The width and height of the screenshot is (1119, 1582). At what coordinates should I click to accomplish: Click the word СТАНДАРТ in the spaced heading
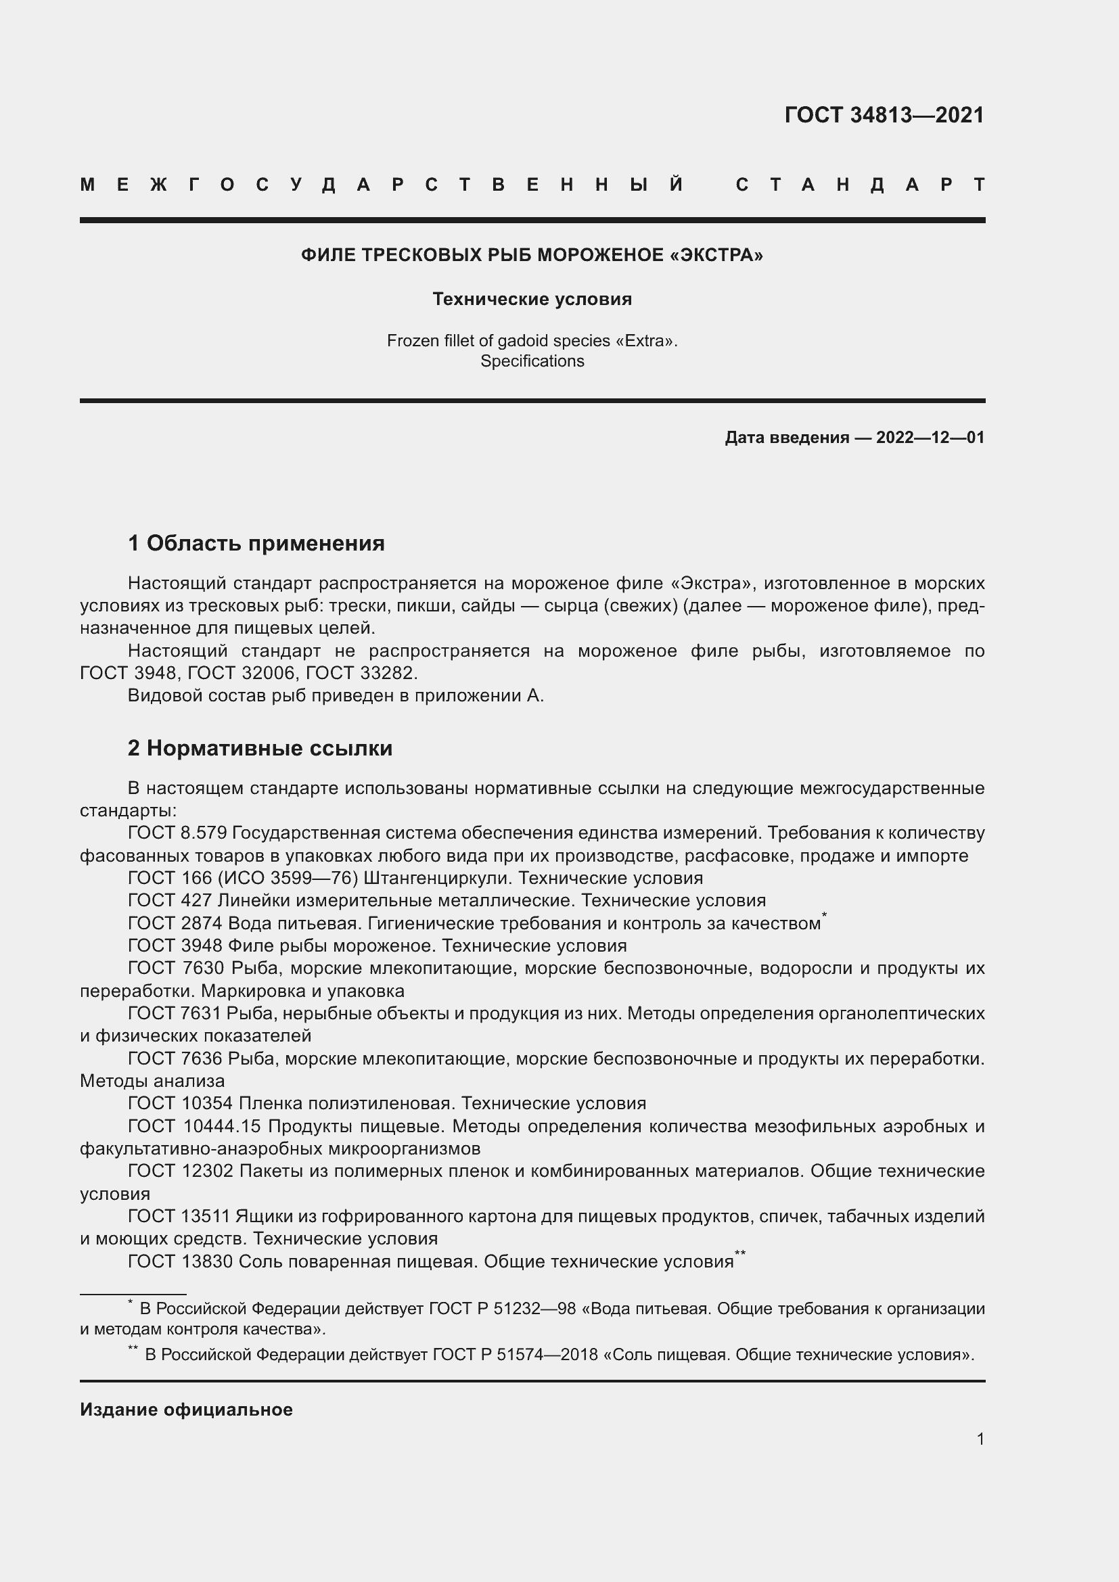(860, 185)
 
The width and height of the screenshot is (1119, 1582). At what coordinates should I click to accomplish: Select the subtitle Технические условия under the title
(532, 298)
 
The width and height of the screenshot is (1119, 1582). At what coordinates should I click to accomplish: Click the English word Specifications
(532, 361)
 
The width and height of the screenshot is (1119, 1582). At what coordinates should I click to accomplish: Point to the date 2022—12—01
(930, 438)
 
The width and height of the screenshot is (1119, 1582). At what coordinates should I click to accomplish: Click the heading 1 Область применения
(256, 543)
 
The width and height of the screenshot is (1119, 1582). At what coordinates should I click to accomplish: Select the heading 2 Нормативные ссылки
(260, 748)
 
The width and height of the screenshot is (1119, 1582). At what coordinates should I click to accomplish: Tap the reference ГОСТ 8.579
(178, 833)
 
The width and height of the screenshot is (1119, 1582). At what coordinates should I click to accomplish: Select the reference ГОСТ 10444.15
(194, 1127)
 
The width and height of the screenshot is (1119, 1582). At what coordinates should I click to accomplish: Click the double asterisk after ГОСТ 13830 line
(740, 1253)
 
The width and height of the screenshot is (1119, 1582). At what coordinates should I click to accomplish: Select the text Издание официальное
(186, 1410)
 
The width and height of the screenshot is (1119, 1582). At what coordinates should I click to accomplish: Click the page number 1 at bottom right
(980, 1439)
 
